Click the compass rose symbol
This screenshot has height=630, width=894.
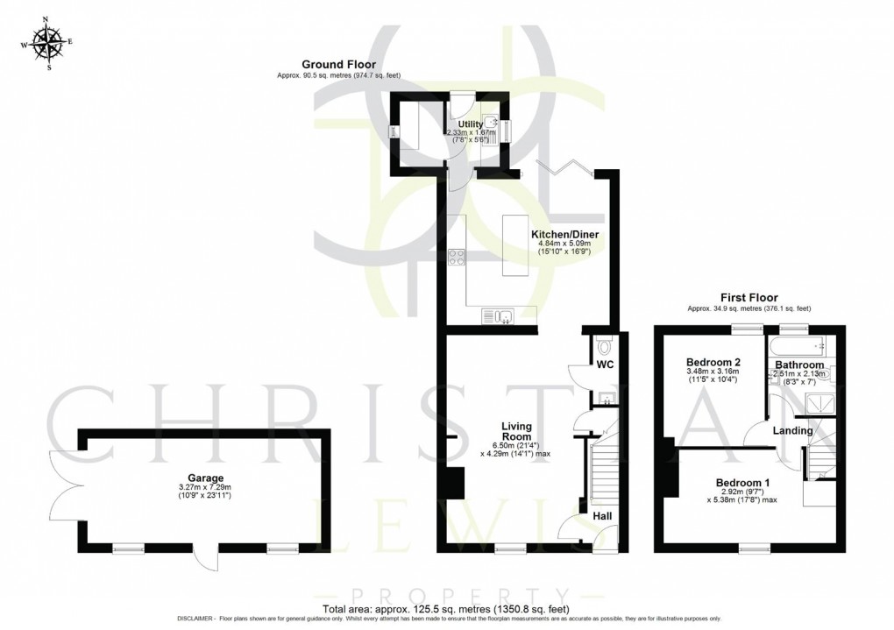[x=48, y=44]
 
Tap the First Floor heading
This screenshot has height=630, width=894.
[x=749, y=298]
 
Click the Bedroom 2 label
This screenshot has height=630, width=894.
[x=713, y=362]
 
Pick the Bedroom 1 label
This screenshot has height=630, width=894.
[x=742, y=483]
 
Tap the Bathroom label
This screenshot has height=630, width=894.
[x=799, y=365]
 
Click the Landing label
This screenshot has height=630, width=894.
[x=792, y=431]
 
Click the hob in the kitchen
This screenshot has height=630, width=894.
[x=457, y=257]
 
